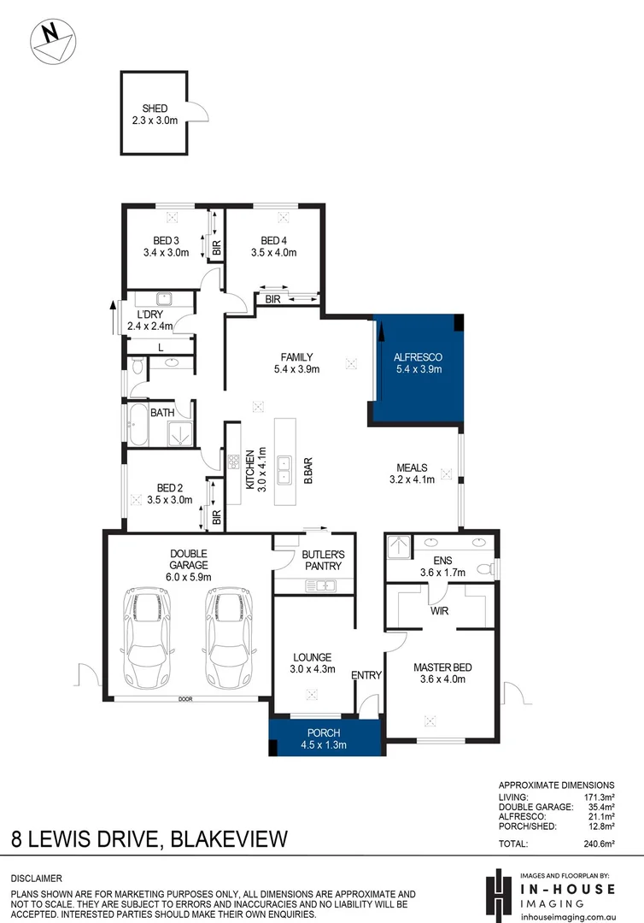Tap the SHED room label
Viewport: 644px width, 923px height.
point(155,109)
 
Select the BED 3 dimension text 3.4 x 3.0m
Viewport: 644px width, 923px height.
point(167,252)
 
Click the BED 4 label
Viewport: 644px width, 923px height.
point(273,240)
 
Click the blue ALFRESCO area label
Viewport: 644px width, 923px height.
point(417,357)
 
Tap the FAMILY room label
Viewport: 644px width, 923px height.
point(296,357)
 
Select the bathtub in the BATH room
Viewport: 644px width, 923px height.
point(137,426)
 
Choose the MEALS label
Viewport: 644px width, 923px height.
point(412,467)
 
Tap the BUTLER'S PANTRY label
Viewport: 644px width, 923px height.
point(322,560)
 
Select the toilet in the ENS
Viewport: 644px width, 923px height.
point(485,568)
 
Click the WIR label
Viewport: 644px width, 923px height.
point(438,611)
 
